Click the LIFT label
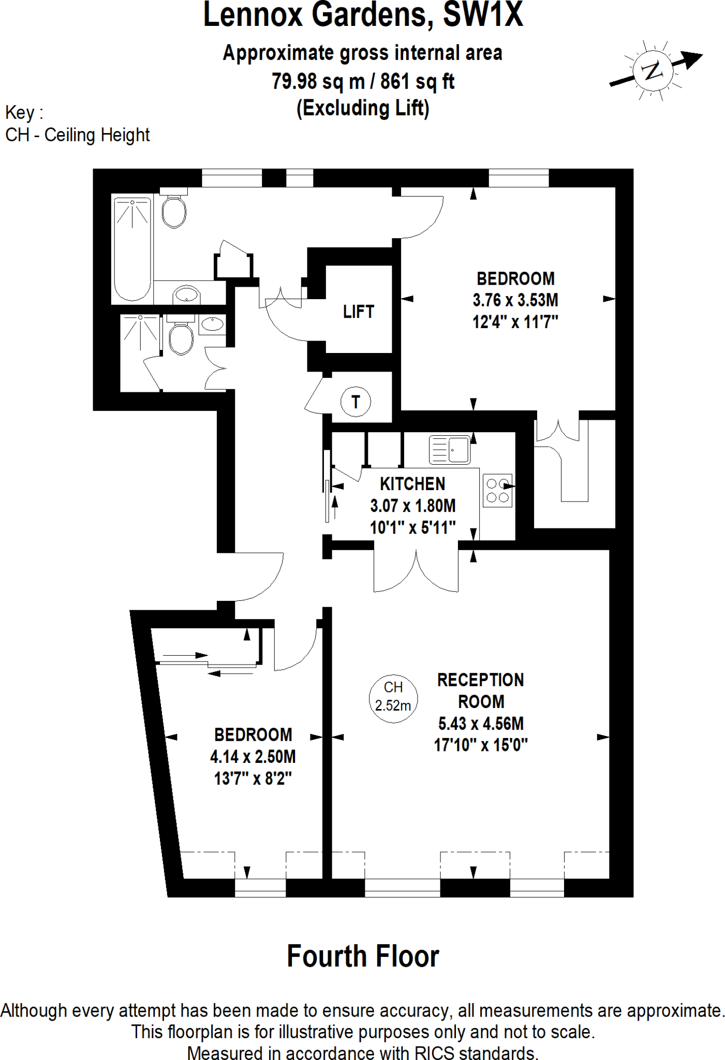[x=358, y=312]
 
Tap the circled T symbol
[x=356, y=402]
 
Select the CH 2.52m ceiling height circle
[x=393, y=698]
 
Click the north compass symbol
[x=653, y=70]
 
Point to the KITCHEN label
[x=412, y=484]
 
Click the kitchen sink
[x=449, y=449]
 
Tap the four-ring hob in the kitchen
[x=497, y=491]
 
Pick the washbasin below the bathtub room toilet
[x=186, y=295]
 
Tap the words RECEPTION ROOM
[x=481, y=690]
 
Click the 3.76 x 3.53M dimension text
[x=515, y=300]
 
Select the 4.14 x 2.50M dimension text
[x=253, y=757]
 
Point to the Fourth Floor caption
[x=363, y=956]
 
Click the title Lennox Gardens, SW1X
[x=363, y=15]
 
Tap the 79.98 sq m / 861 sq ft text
[x=363, y=81]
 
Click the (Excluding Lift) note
[x=363, y=108]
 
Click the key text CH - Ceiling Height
[x=78, y=135]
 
